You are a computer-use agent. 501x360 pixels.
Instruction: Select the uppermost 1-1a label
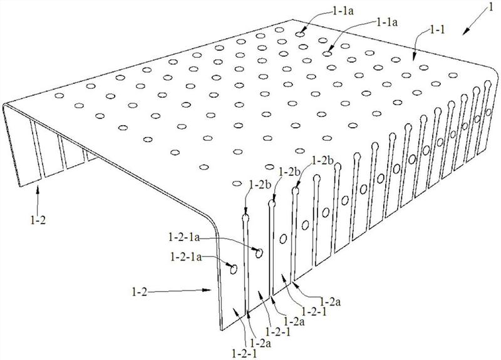coord(343,11)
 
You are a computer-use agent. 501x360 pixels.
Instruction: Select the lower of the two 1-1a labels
coord(387,23)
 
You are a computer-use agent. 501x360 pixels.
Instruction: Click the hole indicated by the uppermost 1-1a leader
coord(300,34)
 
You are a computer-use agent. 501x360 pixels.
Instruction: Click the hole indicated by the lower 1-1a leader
coord(326,54)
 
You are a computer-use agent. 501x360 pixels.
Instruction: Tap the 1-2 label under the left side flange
coord(38,220)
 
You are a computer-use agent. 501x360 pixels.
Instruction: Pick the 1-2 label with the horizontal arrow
coord(139,291)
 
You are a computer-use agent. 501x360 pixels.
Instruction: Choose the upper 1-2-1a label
coord(183,237)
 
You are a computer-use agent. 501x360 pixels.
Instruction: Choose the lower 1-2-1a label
coord(186,257)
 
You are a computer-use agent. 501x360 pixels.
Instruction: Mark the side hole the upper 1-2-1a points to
coord(259,254)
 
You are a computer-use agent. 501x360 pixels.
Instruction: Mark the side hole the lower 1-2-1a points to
coord(234,269)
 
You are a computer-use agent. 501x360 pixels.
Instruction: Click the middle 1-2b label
coord(289,172)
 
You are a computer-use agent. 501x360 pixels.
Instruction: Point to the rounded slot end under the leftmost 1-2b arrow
coord(245,218)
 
